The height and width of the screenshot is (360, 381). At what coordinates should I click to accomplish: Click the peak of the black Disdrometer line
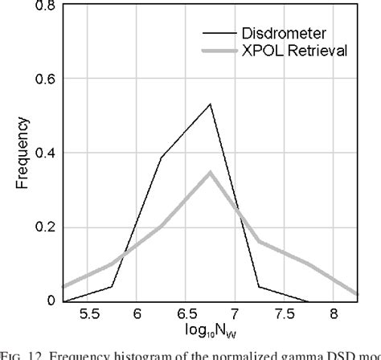(x=210, y=104)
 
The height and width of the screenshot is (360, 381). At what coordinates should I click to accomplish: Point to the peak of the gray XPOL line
(x=210, y=172)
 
